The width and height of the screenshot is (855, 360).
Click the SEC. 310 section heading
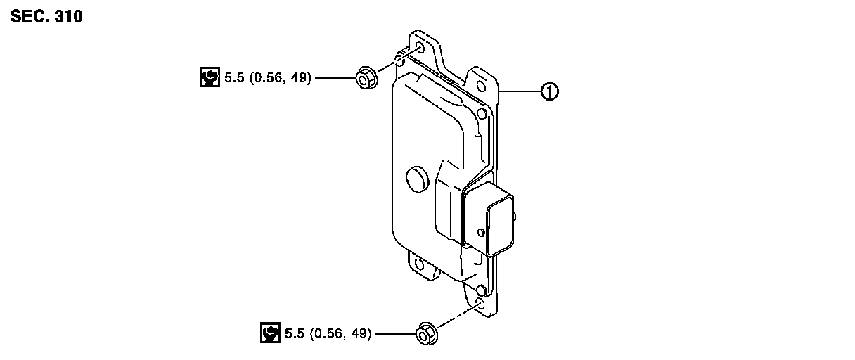46,16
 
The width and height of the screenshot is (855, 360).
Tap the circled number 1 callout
550,91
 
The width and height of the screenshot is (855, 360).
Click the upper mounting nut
366,78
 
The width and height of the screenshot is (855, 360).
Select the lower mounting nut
427,334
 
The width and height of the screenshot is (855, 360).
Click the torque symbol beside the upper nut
210,77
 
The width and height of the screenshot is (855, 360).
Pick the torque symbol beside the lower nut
270,333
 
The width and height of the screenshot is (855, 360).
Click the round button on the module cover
418,179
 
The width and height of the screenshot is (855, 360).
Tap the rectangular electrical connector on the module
488,219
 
